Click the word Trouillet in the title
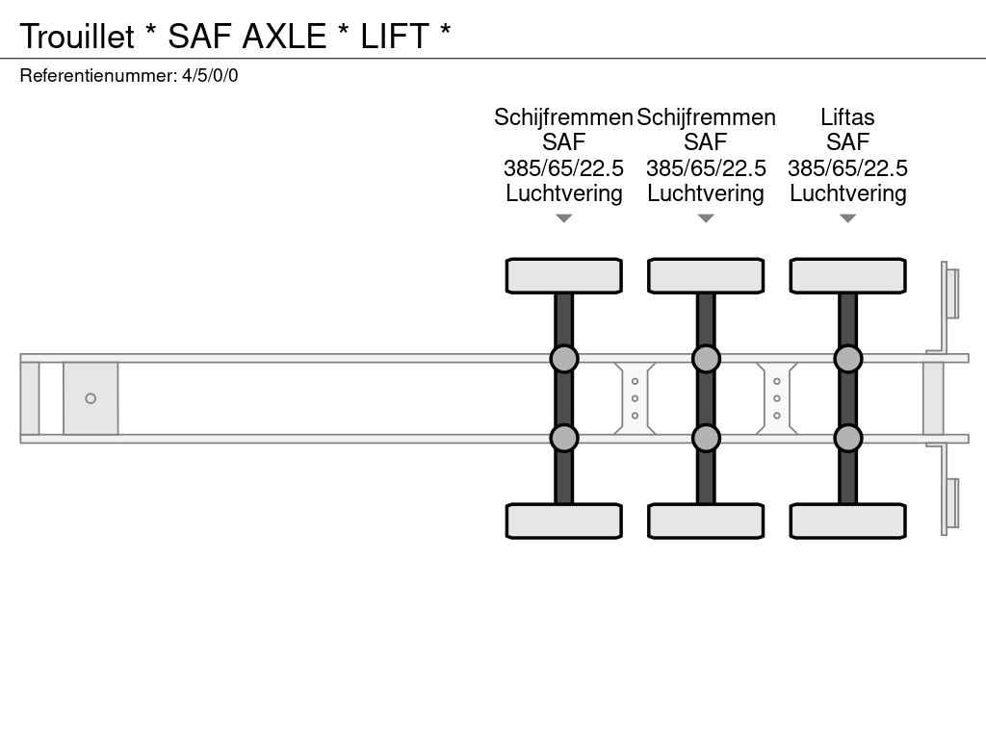77,36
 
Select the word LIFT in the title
394,36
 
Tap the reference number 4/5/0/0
210,75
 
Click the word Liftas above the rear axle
847,117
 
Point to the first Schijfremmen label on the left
563,117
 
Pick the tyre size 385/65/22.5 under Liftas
847,168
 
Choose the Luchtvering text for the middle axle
706,193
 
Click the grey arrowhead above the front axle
564,218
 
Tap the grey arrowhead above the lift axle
847,218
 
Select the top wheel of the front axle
564,276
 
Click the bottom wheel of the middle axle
706,521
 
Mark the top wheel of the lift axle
847,276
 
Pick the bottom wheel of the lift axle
847,521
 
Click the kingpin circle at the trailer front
91,398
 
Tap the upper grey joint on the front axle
564,359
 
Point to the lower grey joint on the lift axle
847,438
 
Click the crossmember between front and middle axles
635,398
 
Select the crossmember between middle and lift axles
777,398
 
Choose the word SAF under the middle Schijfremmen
706,142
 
